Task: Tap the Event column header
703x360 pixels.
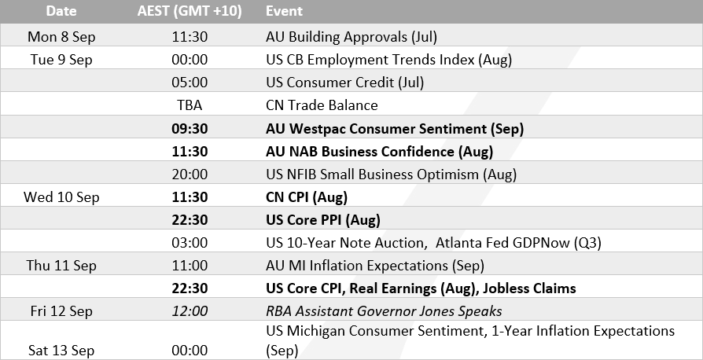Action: pos(284,12)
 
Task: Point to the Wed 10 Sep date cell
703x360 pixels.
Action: pos(63,197)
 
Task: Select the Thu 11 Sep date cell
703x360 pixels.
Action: pos(61,266)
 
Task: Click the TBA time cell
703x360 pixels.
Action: pos(189,105)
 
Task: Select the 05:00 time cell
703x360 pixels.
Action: pos(189,82)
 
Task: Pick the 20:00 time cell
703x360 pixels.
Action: pos(189,174)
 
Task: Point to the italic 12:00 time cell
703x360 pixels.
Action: pos(189,311)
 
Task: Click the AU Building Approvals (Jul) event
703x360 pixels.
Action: pos(351,36)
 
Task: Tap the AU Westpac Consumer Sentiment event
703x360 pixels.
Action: pos(395,128)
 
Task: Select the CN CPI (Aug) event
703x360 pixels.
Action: pos(307,197)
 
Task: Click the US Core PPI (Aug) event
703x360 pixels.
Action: pos(323,220)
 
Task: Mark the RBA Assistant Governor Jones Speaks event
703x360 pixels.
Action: pos(384,311)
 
